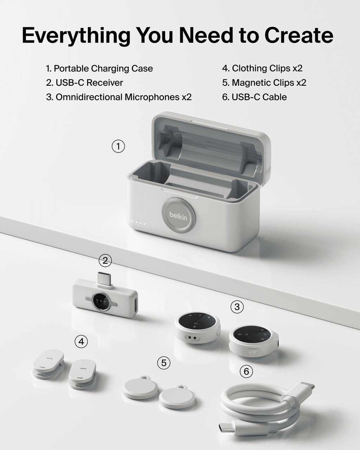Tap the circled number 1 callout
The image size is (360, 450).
118,146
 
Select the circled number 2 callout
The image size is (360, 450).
105,261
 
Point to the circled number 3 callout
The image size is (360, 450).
237,307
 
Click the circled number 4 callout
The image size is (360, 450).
81,342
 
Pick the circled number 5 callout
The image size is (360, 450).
163,363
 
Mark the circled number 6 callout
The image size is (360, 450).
246,371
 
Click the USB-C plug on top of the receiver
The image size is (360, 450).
105,278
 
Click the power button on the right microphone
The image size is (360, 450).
252,352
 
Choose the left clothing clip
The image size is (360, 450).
48,364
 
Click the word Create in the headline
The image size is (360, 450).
299,35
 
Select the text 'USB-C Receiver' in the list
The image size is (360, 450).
89,83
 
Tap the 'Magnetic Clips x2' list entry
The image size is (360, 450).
269,83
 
